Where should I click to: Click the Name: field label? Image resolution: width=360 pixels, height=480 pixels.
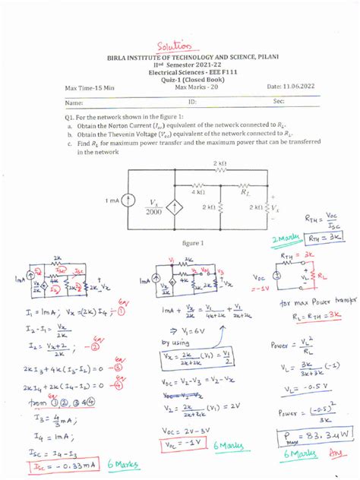[74, 101]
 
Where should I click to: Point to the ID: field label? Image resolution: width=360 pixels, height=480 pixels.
[192, 100]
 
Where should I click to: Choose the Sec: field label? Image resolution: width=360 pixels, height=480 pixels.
[279, 100]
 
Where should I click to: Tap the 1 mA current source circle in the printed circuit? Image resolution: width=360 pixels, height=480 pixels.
[128, 202]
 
